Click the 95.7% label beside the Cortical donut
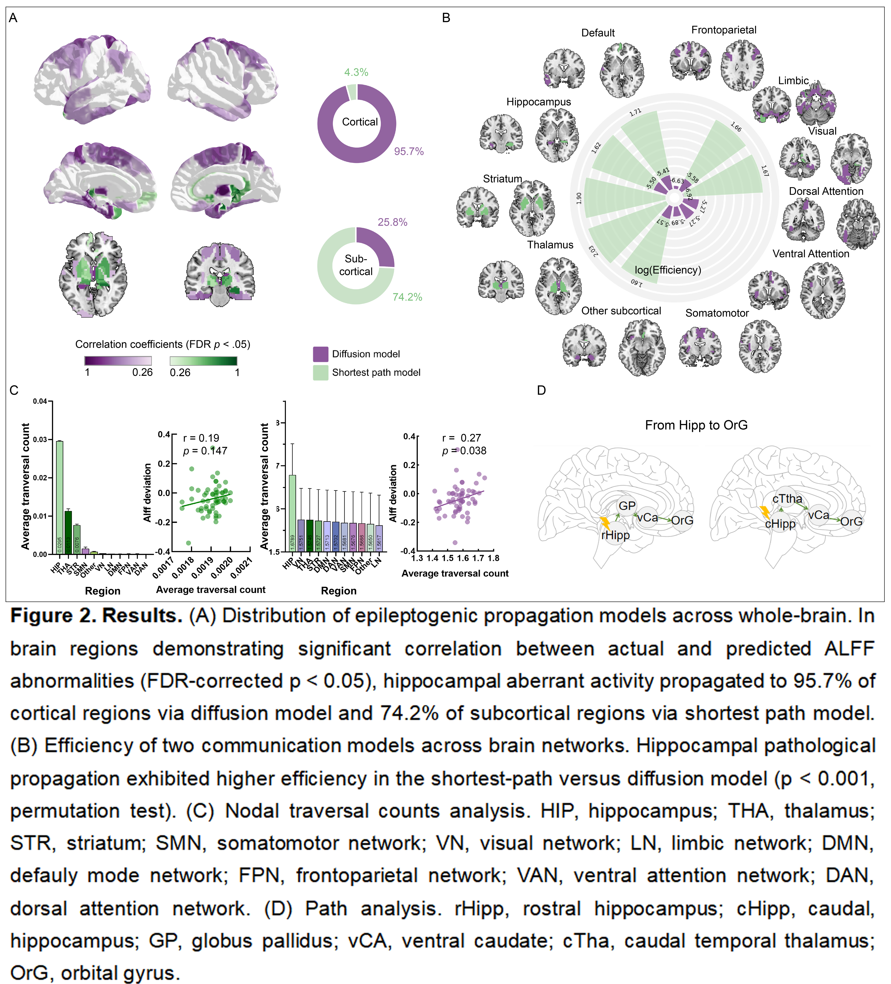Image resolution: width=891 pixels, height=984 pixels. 408,151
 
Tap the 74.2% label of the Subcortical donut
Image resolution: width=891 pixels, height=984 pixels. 407,297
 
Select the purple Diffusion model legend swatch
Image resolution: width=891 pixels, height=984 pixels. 320,354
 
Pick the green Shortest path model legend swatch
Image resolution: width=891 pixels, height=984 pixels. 320,372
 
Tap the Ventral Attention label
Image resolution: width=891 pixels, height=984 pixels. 811,254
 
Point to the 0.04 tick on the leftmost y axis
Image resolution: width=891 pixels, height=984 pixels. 40,401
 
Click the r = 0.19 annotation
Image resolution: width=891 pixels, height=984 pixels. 201,438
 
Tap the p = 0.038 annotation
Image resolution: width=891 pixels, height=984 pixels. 464,451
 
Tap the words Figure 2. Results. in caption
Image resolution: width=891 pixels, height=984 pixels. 96,616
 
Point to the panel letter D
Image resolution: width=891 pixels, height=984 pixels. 541,391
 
